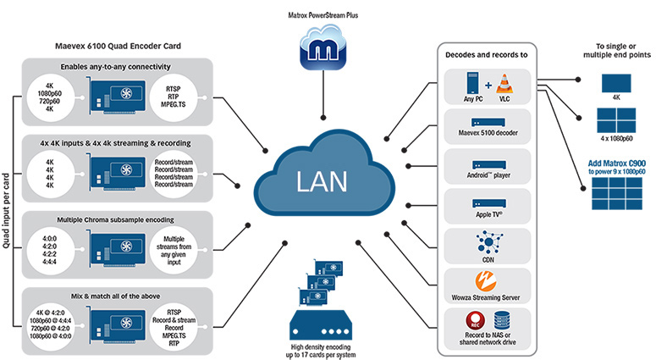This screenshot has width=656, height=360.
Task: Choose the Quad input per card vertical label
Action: coord(7,200)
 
